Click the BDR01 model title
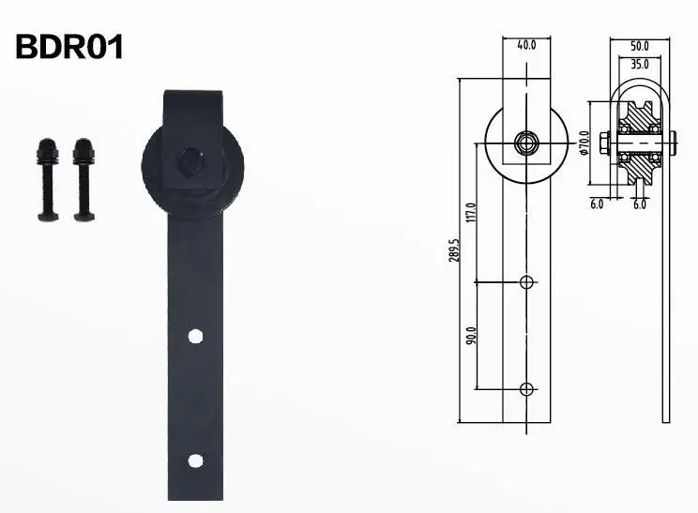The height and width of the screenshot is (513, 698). coord(69,46)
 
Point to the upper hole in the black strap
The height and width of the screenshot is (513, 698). coord(195,335)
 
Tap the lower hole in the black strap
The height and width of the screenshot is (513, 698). coord(195,460)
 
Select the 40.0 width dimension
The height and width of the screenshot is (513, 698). coord(525,43)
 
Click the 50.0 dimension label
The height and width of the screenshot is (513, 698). coord(640,45)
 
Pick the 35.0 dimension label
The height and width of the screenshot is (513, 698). coord(640,65)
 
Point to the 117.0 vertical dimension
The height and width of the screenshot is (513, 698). coord(471,213)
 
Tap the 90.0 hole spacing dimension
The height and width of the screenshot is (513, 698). coord(471,334)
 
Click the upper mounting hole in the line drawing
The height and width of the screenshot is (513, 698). coord(526,281)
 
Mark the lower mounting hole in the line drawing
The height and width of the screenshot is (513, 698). coord(526,387)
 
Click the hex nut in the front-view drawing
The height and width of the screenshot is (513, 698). coord(526,143)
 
